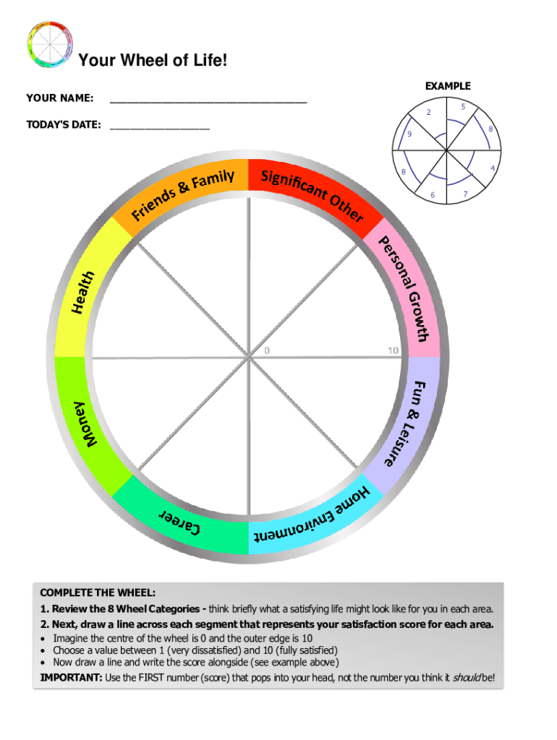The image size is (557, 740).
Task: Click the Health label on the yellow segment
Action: pos(83,292)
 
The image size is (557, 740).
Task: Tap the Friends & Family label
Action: pos(182,194)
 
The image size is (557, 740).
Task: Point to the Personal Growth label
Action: pos(404,288)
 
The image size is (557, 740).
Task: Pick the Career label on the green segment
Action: pos(179,521)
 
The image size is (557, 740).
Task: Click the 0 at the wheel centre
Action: pos(267,350)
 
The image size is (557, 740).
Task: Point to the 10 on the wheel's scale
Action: pos(393,350)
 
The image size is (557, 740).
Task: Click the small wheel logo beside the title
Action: pos(50,44)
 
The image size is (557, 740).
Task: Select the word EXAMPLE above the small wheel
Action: pos(448,86)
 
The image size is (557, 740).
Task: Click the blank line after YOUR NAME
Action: pos(208,101)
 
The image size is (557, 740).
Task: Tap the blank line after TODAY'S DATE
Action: pos(160,128)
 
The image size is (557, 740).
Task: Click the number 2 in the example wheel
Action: pos(428,112)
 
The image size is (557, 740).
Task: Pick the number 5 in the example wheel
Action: pos(463,107)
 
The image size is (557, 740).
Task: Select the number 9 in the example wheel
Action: pos(409,134)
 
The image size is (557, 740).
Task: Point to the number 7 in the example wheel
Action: pos(465,194)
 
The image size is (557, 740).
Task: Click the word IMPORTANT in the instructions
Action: pos(71,678)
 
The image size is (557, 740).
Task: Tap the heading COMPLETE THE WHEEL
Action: pos(98,593)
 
